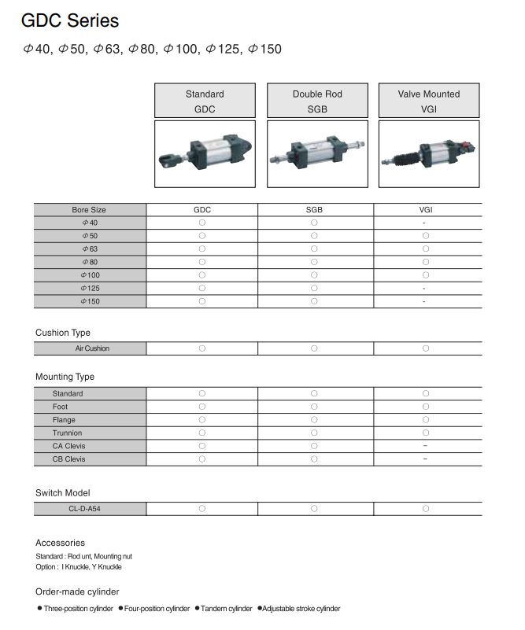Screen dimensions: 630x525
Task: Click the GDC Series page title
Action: click(x=71, y=21)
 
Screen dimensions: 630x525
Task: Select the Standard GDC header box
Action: click(x=205, y=101)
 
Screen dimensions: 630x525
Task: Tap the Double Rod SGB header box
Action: click(x=317, y=101)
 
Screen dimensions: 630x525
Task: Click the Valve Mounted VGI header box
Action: click(x=429, y=101)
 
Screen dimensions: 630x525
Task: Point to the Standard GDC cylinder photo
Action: click(x=205, y=153)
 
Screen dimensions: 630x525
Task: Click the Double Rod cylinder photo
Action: click(x=317, y=153)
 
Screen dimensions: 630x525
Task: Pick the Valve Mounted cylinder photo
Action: click(x=429, y=153)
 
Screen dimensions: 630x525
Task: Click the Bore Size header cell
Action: click(x=89, y=210)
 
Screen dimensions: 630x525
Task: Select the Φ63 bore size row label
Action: click(x=89, y=249)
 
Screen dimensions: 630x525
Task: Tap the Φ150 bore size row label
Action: click(x=89, y=301)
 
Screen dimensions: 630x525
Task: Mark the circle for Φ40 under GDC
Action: click(x=202, y=223)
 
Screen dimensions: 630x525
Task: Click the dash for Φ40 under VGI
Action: click(x=424, y=223)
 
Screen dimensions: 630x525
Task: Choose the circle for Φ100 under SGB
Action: click(x=314, y=275)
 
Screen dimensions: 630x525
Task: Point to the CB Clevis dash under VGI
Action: click(x=425, y=459)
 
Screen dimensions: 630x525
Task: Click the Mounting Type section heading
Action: click(x=65, y=377)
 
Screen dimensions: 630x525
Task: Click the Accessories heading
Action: click(x=60, y=543)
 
